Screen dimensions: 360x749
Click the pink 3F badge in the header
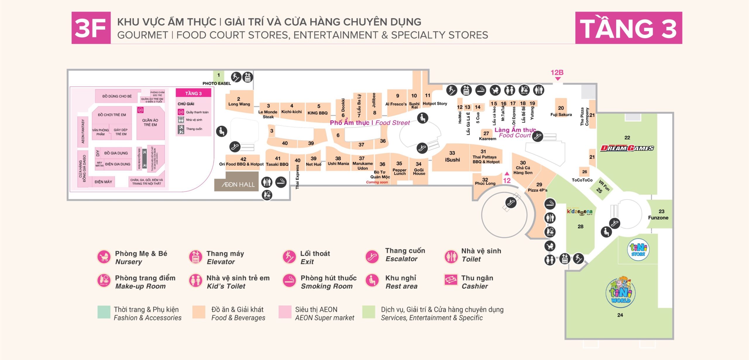(x=91, y=28)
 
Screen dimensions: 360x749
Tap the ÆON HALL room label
(x=238, y=184)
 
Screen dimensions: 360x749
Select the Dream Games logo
(x=627, y=148)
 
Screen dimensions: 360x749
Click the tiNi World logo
(x=621, y=292)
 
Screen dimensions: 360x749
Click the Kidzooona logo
(x=580, y=212)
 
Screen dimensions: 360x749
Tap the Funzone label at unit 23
(x=658, y=218)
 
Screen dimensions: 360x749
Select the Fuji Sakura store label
(x=561, y=114)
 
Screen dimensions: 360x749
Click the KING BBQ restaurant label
(x=317, y=113)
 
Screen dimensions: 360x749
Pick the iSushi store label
(x=452, y=160)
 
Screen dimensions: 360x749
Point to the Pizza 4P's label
(x=537, y=190)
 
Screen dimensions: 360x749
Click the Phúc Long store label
(x=485, y=184)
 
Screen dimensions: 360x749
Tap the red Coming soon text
(x=377, y=182)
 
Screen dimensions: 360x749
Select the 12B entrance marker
(x=557, y=73)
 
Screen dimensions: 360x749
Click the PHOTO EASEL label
(x=217, y=83)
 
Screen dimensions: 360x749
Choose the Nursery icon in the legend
(x=104, y=257)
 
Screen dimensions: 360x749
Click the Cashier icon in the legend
(x=451, y=280)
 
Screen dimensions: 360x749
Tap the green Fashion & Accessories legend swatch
(x=104, y=312)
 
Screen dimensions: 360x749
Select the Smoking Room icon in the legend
(x=289, y=281)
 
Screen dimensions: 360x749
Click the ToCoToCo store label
(x=582, y=180)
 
